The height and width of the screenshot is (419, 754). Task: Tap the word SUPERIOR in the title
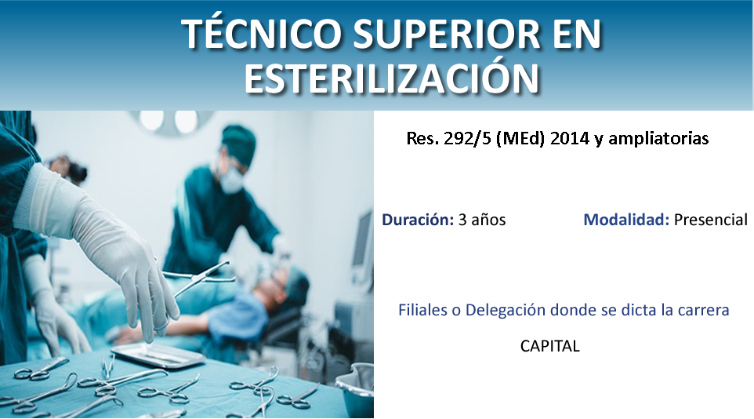[447, 34]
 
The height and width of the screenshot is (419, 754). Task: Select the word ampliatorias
[658, 139]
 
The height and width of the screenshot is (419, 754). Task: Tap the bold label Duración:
[418, 220]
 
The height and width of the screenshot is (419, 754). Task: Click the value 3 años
[482, 220]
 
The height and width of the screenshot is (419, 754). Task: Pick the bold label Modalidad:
[626, 220]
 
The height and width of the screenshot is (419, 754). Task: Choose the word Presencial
[711, 220]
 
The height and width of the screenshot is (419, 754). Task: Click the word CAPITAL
[549, 346]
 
